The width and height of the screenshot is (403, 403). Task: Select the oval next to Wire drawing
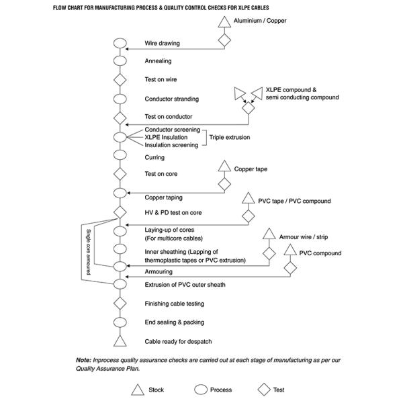120,44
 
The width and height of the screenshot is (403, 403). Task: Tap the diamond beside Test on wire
120,80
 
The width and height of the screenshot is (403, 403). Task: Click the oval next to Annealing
120,61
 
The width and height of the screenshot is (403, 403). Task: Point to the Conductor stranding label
171,99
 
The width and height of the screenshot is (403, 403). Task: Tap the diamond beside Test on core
120,174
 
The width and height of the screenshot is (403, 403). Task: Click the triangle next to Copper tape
224,169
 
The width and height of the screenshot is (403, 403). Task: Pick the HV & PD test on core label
173,213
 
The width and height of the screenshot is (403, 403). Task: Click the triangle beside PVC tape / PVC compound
247,200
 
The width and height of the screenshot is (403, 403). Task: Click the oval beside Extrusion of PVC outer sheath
120,285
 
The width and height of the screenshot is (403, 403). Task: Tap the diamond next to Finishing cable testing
120,304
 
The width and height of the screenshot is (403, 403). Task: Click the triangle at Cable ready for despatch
120,341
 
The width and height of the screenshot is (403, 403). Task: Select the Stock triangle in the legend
138,389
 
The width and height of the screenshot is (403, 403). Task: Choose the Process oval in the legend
200,389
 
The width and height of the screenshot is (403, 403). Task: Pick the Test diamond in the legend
264,389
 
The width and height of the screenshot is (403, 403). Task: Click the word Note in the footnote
83,360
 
